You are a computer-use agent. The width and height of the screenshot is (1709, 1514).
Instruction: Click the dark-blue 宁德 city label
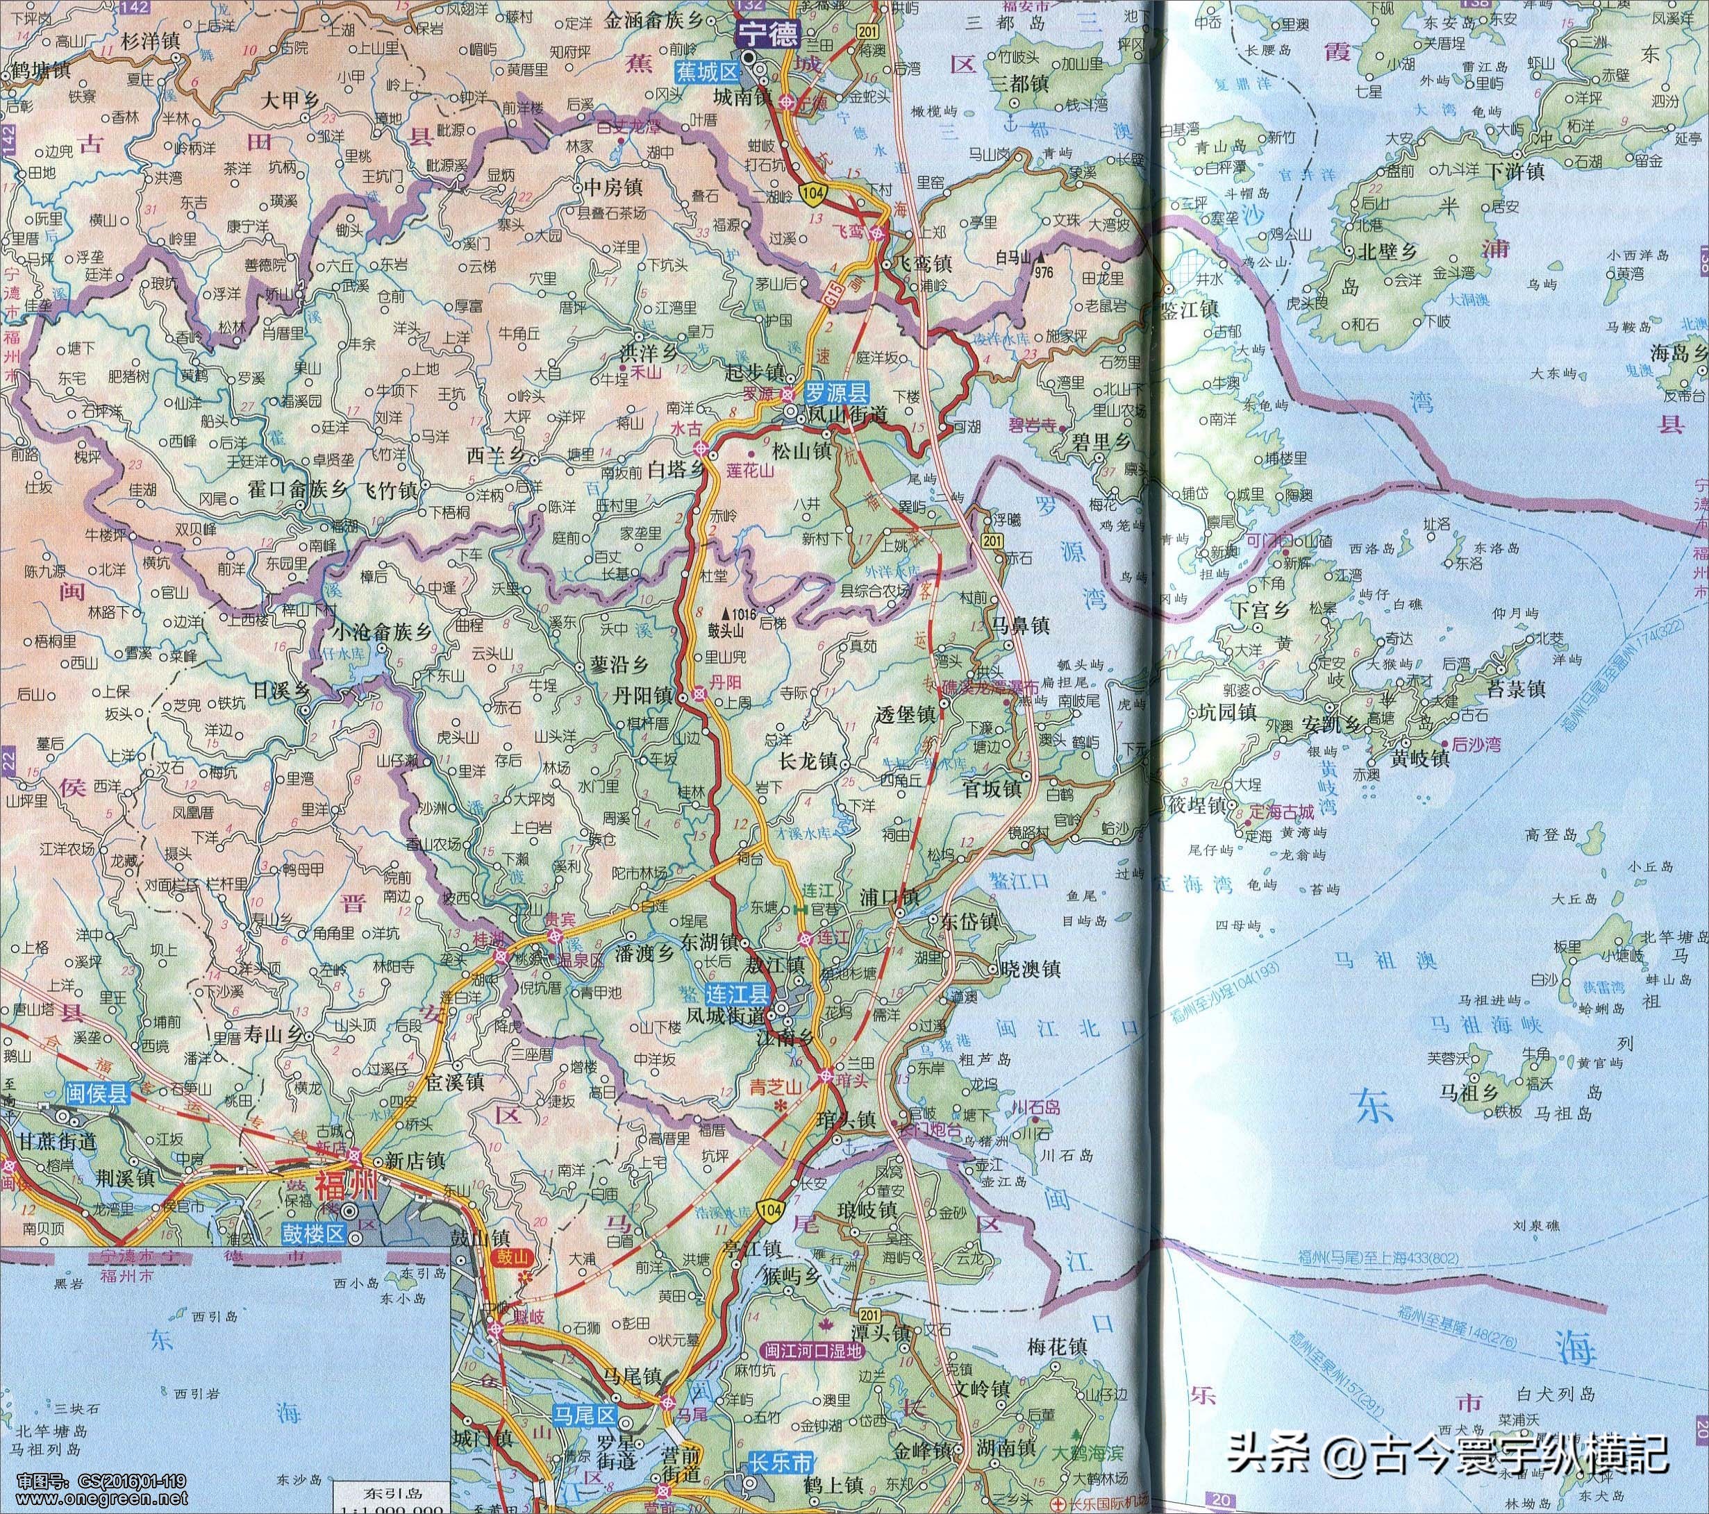click(767, 34)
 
